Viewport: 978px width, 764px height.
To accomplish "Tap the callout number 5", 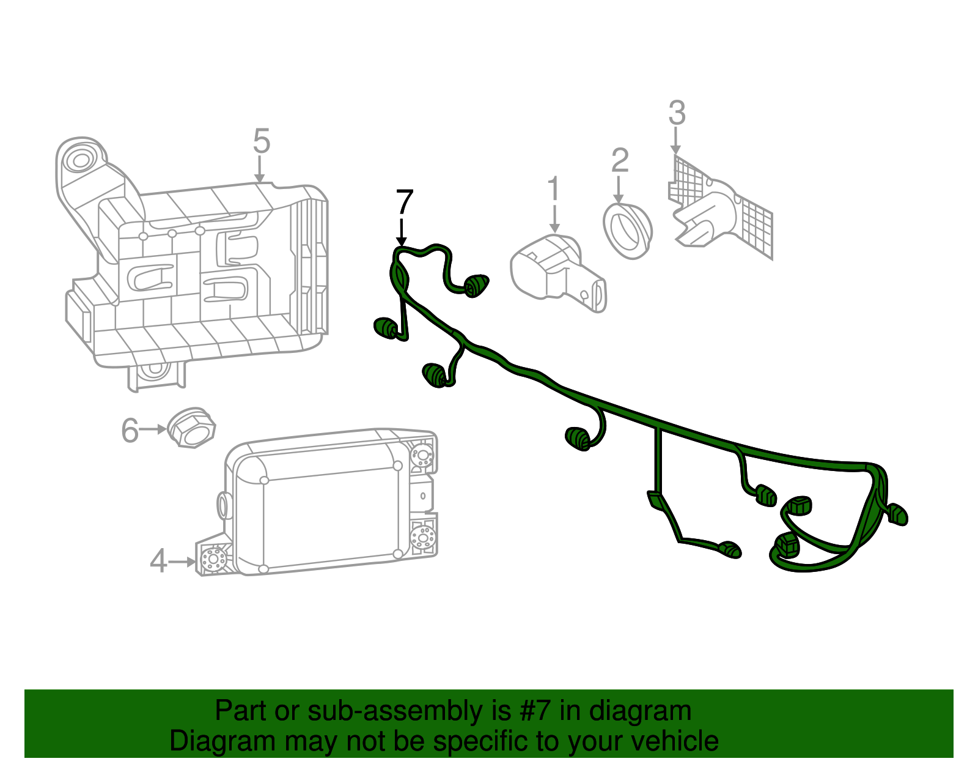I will [261, 141].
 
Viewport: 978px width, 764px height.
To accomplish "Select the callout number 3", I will [677, 113].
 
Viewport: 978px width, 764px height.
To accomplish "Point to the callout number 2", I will [620, 160].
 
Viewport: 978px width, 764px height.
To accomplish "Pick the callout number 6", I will [130, 430].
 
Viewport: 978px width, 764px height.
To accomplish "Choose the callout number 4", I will [158, 561].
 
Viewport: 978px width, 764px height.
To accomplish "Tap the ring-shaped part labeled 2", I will [628, 232].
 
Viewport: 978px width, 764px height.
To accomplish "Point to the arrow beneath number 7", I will [402, 232].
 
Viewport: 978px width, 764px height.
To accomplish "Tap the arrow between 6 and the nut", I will [153, 429].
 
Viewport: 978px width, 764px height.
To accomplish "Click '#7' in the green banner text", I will [535, 711].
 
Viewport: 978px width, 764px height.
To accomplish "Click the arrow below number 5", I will [260, 169].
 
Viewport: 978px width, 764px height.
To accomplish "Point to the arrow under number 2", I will [619, 190].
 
